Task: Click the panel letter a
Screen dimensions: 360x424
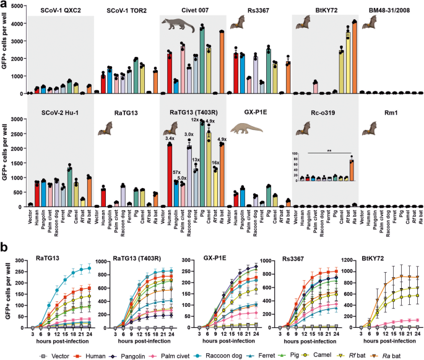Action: point(4,5)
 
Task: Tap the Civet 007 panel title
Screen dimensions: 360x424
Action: point(193,11)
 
